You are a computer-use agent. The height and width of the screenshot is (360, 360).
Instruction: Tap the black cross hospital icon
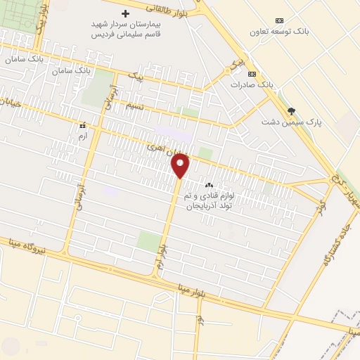(126, 13)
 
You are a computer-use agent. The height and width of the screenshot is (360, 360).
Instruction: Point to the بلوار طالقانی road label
(173, 10)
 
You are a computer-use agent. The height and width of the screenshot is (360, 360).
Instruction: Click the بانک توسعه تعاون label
(280, 32)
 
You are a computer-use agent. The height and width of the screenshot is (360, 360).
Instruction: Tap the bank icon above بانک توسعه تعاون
(280, 20)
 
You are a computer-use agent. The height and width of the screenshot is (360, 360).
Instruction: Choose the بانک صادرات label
(252, 84)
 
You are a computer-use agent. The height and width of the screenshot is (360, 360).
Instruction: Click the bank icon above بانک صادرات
(252, 74)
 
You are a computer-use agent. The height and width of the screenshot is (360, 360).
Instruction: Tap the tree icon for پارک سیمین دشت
(291, 110)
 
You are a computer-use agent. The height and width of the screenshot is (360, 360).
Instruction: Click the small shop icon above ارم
(82, 124)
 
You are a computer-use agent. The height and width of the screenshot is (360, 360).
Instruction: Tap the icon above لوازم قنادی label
(208, 185)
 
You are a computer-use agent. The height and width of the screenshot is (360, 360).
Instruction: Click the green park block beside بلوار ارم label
(148, 241)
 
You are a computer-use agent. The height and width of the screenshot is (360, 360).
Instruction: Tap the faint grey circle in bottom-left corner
(11, 345)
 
